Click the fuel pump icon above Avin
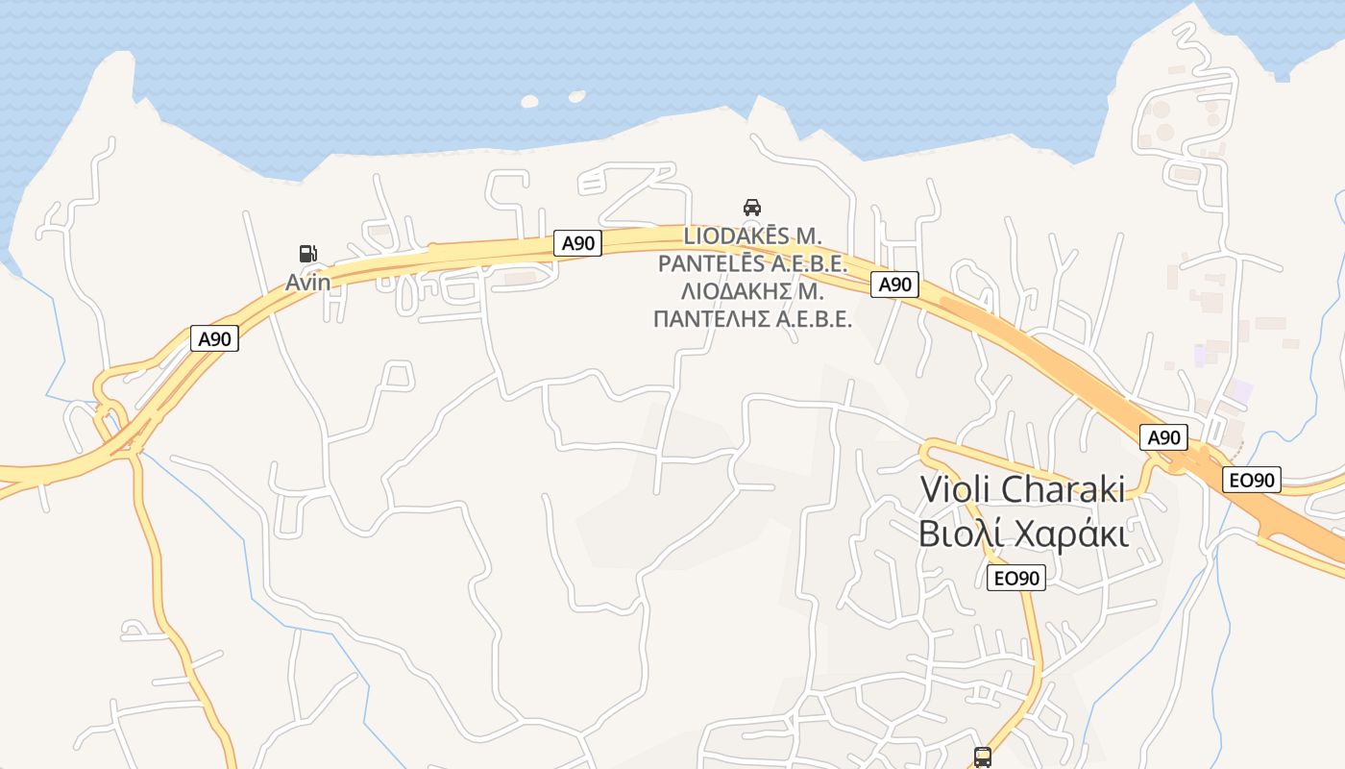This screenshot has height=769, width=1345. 307,254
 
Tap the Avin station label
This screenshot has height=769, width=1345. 307,283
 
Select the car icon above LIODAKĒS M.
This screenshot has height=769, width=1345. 752,207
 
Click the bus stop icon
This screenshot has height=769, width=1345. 982,757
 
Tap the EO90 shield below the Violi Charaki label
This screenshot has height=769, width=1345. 1015,578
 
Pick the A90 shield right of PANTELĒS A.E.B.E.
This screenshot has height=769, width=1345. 894,284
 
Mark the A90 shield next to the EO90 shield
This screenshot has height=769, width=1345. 1163,437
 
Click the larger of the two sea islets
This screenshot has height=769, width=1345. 530,100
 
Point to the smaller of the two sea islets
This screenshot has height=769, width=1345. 576,96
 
